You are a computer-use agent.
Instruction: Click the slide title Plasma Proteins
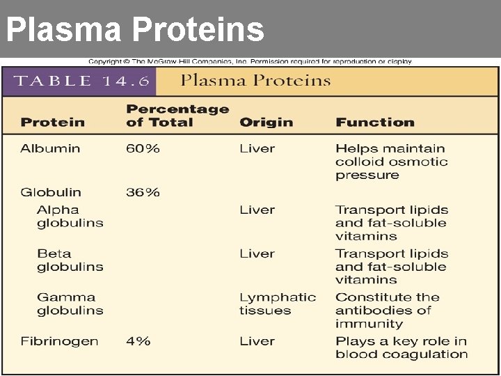135,30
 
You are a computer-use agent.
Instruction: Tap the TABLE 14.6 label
82,81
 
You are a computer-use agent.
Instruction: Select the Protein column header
53,123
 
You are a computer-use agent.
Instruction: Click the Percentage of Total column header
177,116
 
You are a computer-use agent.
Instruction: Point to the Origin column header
266,123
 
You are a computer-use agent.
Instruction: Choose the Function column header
374,123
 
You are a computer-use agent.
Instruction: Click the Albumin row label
50,148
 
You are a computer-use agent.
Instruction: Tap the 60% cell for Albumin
143,148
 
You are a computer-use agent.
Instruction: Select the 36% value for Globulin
143,192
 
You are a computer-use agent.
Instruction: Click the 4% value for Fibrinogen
138,341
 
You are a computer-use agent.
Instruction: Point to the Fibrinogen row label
59,341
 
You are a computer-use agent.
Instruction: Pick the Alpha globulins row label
70,217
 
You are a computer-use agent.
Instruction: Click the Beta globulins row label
70,260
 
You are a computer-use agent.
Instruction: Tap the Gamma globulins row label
70,304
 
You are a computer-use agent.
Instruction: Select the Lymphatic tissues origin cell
278,304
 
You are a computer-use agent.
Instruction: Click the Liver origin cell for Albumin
257,148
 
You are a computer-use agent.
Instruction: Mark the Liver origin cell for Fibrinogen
257,341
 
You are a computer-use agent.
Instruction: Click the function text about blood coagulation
401,347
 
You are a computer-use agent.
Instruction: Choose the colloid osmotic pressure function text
391,162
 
